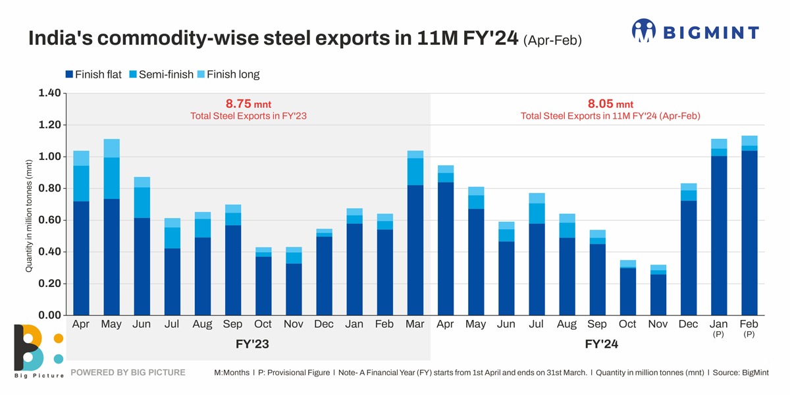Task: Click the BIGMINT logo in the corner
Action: point(695,31)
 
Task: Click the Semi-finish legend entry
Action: point(161,74)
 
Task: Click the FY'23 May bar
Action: point(112,227)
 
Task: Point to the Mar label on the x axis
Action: point(415,325)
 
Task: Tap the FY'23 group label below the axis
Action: point(252,344)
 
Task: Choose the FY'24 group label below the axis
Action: point(601,344)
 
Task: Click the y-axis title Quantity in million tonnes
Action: point(29,216)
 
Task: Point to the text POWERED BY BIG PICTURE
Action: point(128,373)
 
